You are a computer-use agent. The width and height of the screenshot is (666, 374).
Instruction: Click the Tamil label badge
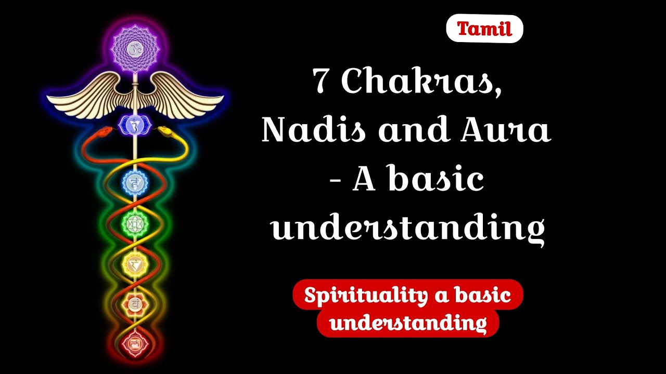pyautogui.click(x=484, y=29)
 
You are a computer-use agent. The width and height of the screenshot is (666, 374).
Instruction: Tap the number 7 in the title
pyautogui.click(x=322, y=82)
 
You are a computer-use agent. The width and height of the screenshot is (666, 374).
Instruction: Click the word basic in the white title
pyautogui.click(x=436, y=180)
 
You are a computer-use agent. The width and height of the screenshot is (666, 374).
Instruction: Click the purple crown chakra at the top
pyautogui.click(x=135, y=50)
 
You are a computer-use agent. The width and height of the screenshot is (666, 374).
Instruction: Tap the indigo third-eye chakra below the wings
pyautogui.click(x=135, y=125)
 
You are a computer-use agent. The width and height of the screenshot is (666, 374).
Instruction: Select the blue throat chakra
pyautogui.click(x=135, y=182)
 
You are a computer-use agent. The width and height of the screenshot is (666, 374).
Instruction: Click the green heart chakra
pyautogui.click(x=135, y=224)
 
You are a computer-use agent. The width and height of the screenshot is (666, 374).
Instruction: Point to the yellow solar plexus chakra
pyautogui.click(x=135, y=264)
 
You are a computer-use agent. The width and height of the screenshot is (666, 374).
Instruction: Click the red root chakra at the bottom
pyautogui.click(x=135, y=343)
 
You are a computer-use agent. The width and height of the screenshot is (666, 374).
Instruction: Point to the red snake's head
pyautogui.click(x=106, y=130)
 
